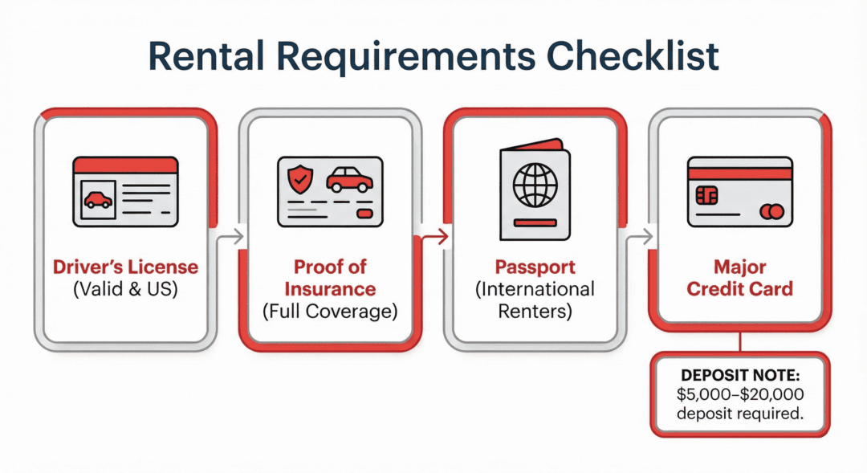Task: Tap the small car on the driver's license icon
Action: tap(98, 199)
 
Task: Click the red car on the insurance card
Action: tap(349, 178)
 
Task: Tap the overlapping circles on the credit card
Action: tap(770, 210)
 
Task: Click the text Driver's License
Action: tap(125, 267)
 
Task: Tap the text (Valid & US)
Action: tap(125, 288)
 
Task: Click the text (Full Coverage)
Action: tap(331, 310)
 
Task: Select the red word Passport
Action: tap(535, 267)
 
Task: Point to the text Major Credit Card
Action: tap(739, 277)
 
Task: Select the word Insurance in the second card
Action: tap(331, 288)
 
